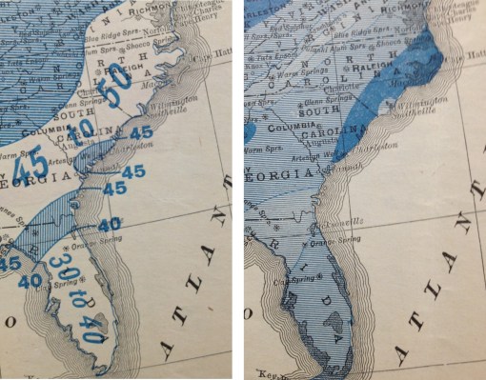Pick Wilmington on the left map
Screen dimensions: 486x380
(x=178, y=98)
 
